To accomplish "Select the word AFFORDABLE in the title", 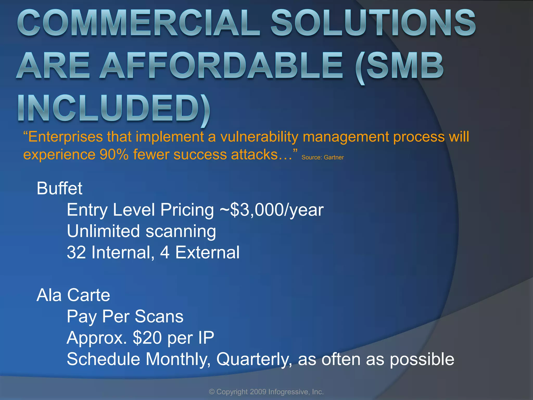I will pos(221,66).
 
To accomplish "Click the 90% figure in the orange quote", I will pos(114,155).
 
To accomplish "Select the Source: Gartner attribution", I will pos(322,158).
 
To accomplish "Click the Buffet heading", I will pos(59,188).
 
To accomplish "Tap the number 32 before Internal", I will pos(76,253).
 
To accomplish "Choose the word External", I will pos(207,253).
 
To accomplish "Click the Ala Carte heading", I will pos(73,295).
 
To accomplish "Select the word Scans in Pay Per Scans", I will pos(159,317).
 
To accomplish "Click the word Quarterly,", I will pos(254,359).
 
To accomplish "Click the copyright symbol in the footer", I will pos(212,392).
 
